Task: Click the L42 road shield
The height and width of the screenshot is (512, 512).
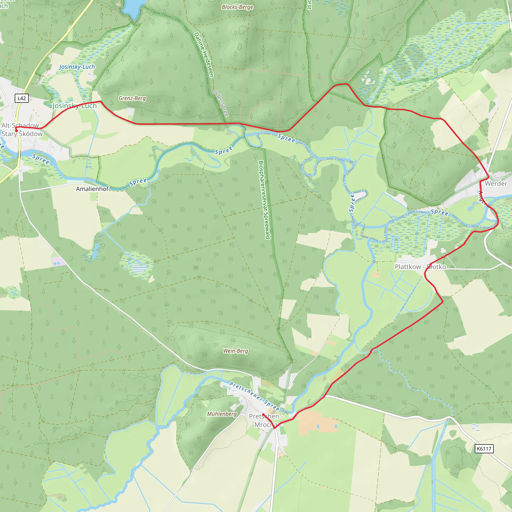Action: click(21, 98)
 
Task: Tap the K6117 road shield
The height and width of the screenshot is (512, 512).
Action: click(484, 449)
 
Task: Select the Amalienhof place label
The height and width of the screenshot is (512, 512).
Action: click(92, 189)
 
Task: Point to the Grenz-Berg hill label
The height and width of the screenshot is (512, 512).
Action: click(132, 98)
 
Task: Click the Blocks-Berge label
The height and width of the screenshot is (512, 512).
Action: click(237, 7)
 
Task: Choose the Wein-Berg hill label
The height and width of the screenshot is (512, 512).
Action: click(235, 351)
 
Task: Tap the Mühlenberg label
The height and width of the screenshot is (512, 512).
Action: click(222, 414)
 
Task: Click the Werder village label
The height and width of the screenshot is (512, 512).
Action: click(496, 183)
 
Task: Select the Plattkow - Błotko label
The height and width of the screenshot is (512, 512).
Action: click(420, 266)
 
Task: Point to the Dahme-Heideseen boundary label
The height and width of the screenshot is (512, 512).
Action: click(204, 55)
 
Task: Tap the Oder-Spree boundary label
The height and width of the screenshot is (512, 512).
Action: click(221, 103)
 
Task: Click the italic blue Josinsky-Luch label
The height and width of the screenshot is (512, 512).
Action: click(77, 66)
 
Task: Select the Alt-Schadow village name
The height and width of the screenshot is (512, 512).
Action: click(20, 125)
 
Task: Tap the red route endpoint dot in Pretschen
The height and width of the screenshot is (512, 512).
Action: click(263, 414)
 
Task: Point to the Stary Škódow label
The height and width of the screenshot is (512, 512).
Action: click(22, 133)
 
